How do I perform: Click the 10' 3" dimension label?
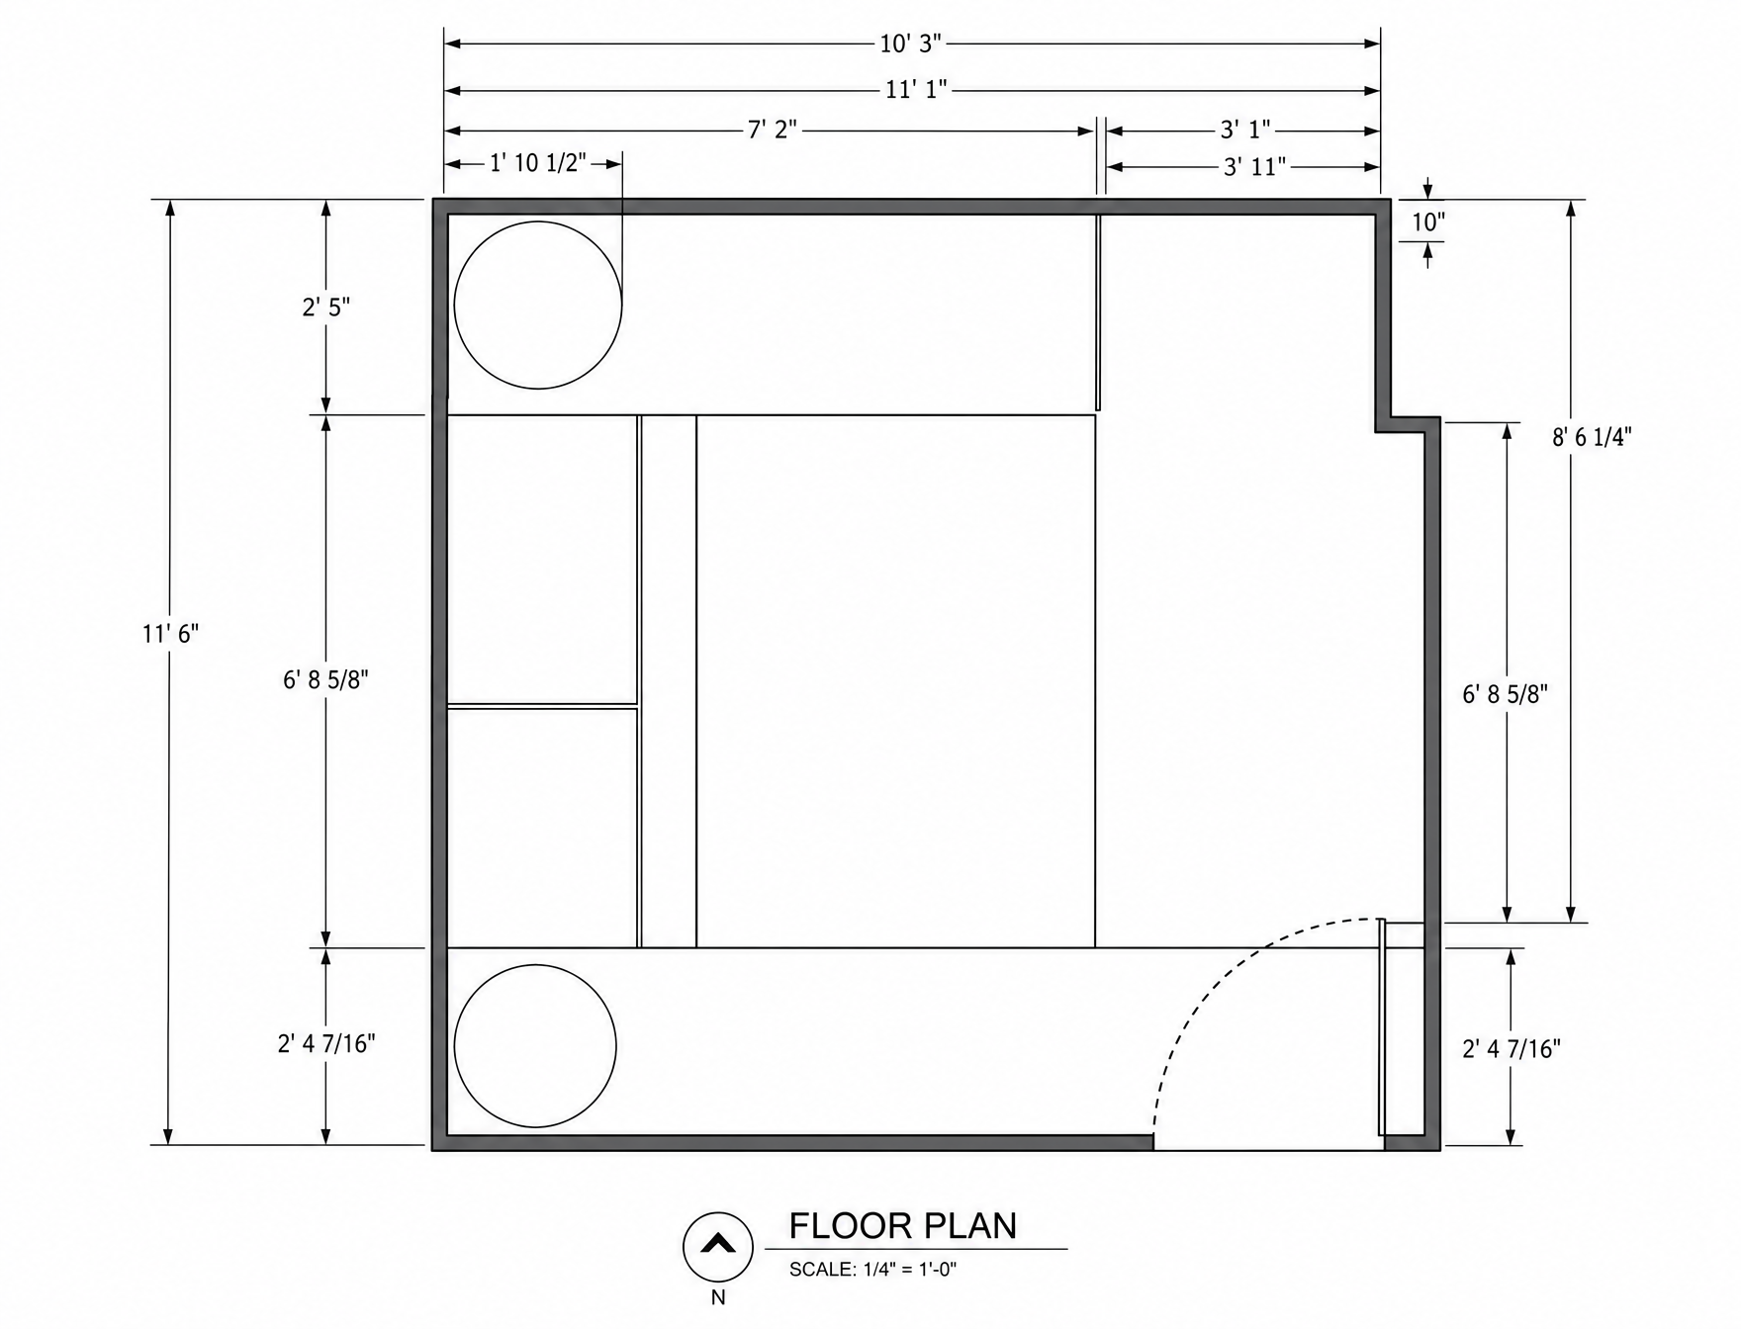[911, 44]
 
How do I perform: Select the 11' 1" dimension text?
[916, 90]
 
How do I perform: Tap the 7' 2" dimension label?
[773, 130]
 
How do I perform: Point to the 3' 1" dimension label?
[1244, 130]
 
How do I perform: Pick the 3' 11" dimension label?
[1254, 166]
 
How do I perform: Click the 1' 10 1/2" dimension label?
[538, 162]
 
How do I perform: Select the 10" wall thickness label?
[1428, 221]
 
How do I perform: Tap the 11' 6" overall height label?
[170, 633]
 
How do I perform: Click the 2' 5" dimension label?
[326, 307]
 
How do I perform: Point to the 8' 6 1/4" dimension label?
[1591, 436]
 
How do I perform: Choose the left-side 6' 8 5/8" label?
[325, 679]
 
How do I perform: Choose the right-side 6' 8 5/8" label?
[1505, 693]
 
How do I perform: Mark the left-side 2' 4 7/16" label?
[326, 1043]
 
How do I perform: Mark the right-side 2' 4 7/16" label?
[1512, 1048]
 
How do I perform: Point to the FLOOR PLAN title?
[902, 1225]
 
